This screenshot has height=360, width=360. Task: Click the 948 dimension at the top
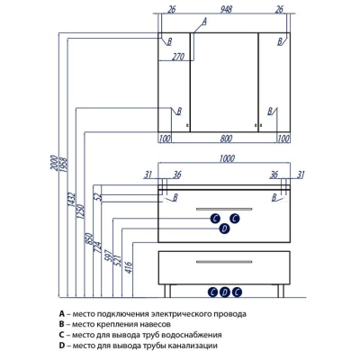coord(226,9)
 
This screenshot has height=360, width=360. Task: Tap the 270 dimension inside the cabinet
coord(178,57)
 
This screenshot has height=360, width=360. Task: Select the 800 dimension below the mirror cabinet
coord(226,139)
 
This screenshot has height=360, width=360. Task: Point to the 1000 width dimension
coord(227,158)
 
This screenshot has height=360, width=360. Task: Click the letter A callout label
coord(204,21)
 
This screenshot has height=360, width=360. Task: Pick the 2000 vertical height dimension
coord(54,164)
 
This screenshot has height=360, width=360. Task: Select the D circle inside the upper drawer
coord(224,229)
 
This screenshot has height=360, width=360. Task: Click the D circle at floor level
coord(224,292)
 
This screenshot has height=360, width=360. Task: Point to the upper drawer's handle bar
coord(224,209)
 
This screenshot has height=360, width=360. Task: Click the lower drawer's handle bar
coord(224,262)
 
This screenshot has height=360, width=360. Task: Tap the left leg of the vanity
coord(167,291)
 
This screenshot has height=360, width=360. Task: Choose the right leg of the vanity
coord(280,291)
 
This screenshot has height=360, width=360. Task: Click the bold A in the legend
coord(62,314)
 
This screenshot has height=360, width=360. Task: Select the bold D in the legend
coord(62,346)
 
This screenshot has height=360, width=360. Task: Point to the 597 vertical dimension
coord(109,256)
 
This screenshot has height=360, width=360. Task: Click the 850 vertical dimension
coord(89,238)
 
